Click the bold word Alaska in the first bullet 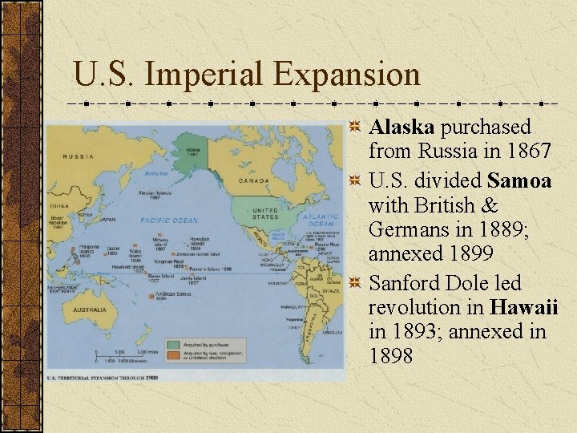pos(401,127)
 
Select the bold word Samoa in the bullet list pos(519,181)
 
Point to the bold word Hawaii pos(524,307)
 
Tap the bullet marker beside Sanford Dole pos(356,283)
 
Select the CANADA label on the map pos(254,180)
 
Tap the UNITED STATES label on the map pos(265,213)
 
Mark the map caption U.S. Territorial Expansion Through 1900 pos(102,377)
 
